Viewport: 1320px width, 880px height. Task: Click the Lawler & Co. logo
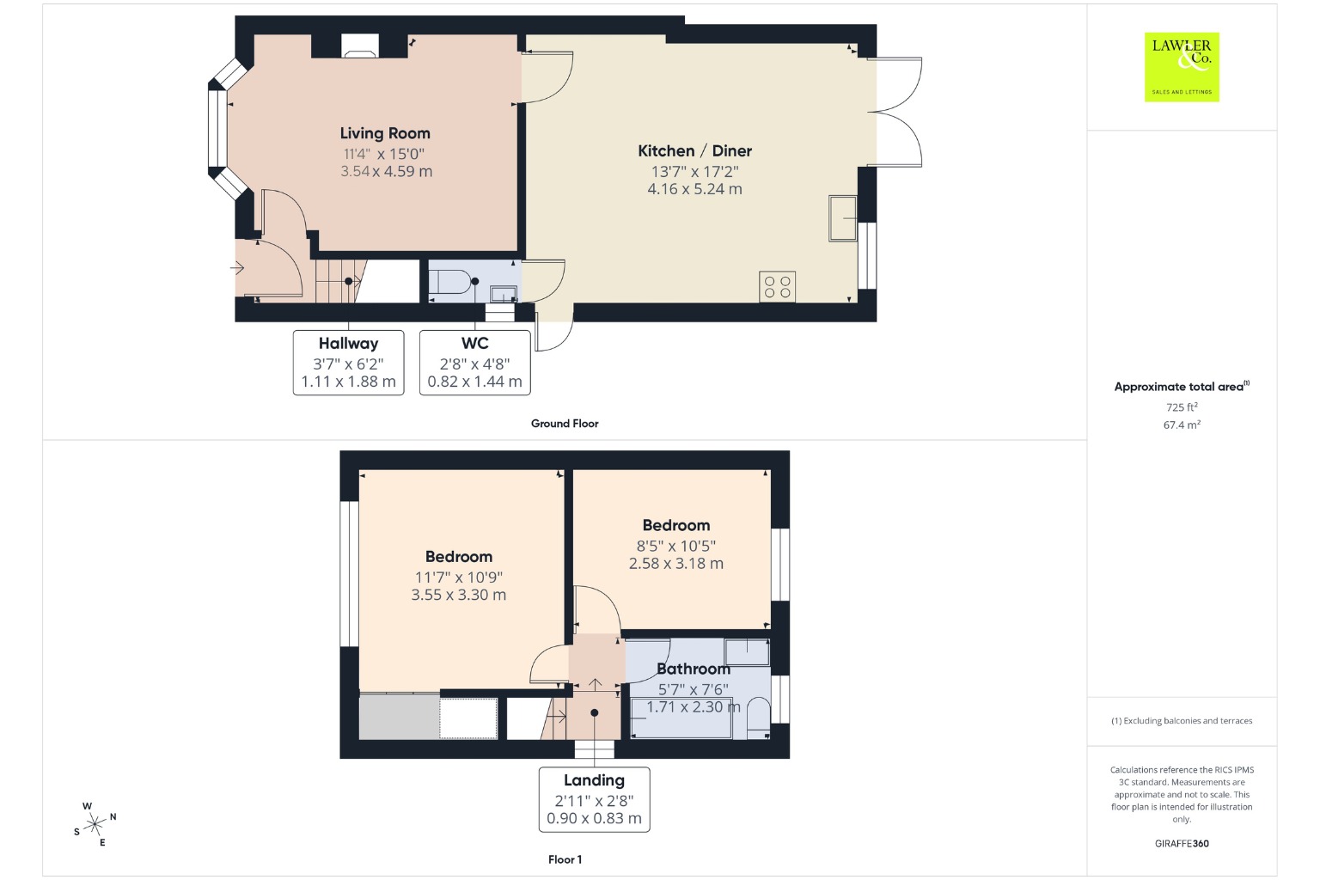point(1182,67)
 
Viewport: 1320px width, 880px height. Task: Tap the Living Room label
point(385,133)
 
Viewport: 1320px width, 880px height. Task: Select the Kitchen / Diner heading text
point(694,151)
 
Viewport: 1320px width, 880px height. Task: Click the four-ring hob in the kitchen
point(777,287)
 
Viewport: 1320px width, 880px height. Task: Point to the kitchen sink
point(843,218)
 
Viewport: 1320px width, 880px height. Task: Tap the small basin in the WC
point(503,294)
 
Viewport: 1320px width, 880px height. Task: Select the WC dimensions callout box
point(475,363)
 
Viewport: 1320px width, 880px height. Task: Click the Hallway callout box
point(348,363)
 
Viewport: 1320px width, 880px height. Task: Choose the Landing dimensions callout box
point(594,799)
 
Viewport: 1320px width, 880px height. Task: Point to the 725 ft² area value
point(1182,406)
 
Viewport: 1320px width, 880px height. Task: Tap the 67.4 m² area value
point(1182,425)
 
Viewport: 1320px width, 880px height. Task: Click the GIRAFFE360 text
point(1182,843)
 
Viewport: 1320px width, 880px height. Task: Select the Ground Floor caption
point(565,423)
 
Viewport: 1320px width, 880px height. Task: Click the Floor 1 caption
point(565,859)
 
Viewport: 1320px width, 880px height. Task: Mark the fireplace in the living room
point(360,46)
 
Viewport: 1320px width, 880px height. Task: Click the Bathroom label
point(694,669)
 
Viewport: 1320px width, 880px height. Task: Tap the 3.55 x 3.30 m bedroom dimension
point(458,595)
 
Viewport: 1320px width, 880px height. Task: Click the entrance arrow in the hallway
point(237,268)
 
